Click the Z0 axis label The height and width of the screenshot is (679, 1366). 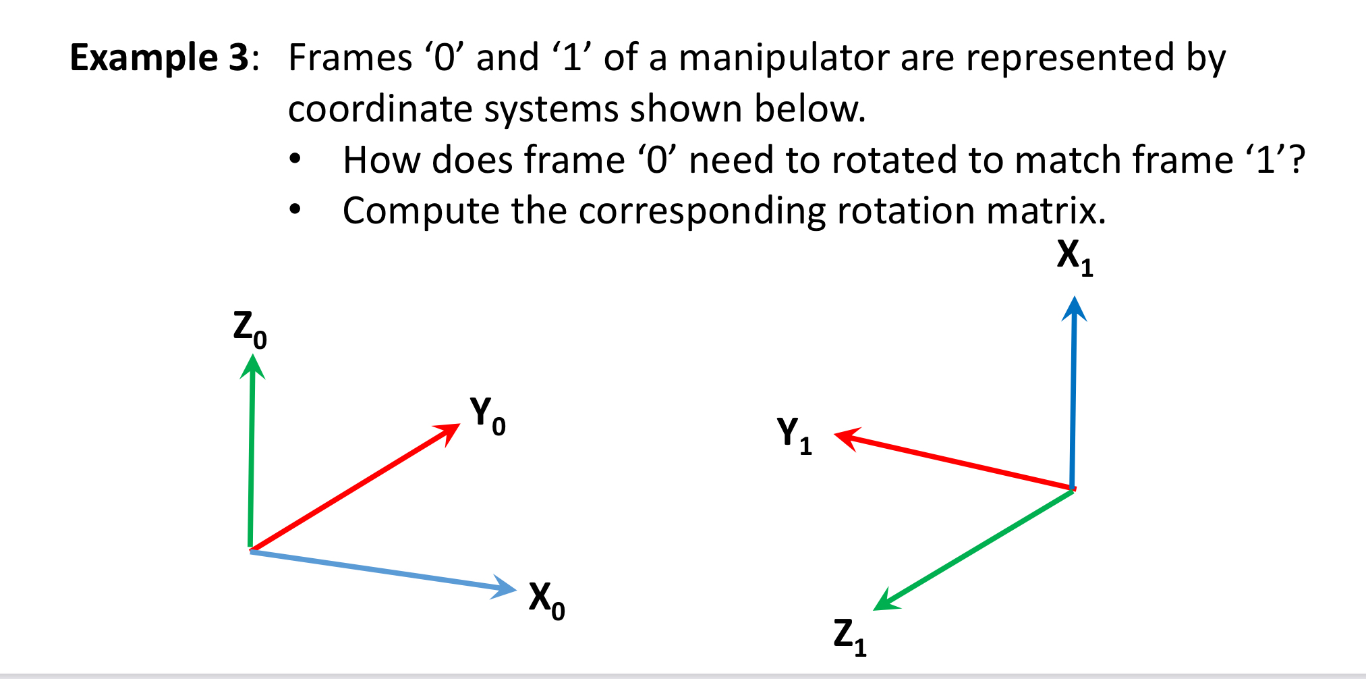point(250,329)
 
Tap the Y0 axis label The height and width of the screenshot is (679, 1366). point(487,415)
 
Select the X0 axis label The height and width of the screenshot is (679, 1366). point(546,600)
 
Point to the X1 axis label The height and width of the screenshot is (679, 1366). point(1075,257)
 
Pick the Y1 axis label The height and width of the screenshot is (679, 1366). point(794,435)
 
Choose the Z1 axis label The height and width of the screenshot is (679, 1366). point(849,636)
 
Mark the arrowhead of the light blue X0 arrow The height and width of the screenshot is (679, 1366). point(506,588)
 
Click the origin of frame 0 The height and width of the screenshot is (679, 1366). point(251,550)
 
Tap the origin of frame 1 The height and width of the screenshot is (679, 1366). point(1072,489)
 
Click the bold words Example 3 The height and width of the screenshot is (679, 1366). point(160,57)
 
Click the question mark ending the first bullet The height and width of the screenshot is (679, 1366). point(1296,161)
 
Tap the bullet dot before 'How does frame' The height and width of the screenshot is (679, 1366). point(294,161)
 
